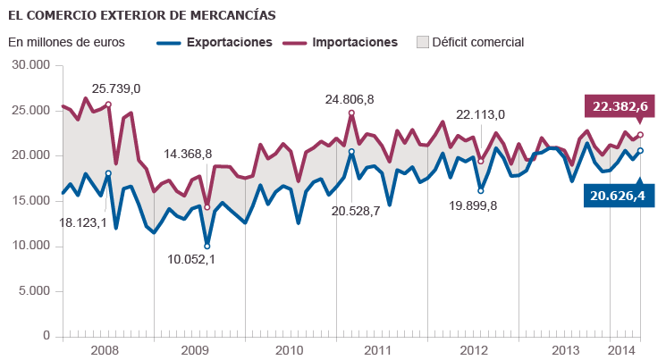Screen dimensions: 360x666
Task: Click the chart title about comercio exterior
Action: tap(142, 15)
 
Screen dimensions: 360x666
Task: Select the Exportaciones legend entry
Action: tap(228, 42)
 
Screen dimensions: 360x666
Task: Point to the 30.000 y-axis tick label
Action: tap(30, 65)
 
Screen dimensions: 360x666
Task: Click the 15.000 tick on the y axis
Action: tap(30, 201)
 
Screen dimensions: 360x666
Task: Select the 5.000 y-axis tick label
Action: tap(33, 291)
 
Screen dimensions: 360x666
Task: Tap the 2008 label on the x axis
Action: tap(105, 349)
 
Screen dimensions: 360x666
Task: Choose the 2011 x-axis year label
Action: tap(379, 349)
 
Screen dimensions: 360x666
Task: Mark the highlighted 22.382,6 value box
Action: tap(616, 106)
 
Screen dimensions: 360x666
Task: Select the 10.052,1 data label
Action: tap(190, 259)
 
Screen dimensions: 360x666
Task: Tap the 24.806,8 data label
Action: tap(350, 99)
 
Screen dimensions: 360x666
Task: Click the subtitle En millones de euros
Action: tap(67, 42)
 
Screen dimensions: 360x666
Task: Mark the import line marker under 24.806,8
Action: tap(351, 113)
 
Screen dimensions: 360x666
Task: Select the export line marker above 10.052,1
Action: tap(207, 246)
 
